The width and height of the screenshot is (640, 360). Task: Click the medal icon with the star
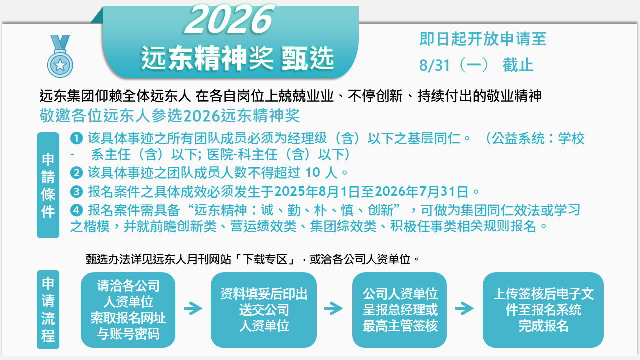(60, 56)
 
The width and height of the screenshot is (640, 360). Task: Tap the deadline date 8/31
(434, 65)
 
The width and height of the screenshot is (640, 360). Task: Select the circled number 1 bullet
(76, 138)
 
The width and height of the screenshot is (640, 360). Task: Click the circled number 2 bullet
(76, 173)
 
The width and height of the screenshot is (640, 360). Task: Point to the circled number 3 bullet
(76, 191)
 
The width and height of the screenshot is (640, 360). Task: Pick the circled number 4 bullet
(76, 211)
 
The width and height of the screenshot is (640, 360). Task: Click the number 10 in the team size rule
(313, 172)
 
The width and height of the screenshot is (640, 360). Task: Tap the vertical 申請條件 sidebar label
(48, 185)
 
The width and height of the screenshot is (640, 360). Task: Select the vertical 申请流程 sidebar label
(48, 309)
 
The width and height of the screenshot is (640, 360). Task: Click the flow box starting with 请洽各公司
(128, 310)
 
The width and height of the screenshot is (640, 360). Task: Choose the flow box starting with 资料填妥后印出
(264, 310)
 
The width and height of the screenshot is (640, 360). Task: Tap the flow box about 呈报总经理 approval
(399, 310)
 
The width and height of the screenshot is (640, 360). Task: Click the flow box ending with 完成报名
(543, 310)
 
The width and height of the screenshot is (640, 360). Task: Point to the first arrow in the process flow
(193, 308)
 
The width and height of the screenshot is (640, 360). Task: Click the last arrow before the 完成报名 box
(465, 308)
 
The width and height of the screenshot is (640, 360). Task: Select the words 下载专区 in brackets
(264, 259)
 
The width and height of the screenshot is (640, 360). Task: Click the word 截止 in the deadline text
(518, 65)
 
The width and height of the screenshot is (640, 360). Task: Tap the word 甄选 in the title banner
(308, 58)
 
